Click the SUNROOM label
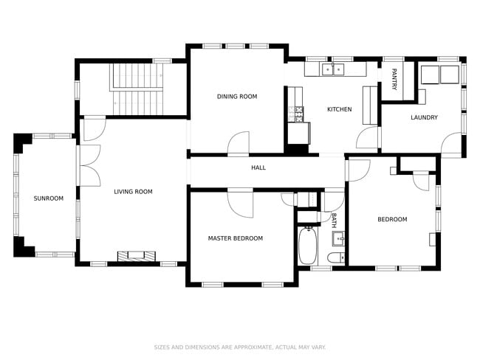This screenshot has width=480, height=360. click(48, 198)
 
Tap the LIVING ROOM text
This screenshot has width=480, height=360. click(133, 192)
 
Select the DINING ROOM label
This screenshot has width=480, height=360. click(237, 97)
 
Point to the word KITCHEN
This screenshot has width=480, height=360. click(339, 110)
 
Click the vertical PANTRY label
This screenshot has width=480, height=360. click(394, 79)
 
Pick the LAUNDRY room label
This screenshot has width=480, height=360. click(424, 117)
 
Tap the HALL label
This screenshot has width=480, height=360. click(258, 168)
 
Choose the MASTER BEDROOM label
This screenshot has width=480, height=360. click(235, 238)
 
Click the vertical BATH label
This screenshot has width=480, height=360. click(334, 220)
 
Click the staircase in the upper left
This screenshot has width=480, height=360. click(138, 89)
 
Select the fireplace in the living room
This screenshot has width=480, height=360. click(137, 256)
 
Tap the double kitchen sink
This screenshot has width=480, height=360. click(335, 70)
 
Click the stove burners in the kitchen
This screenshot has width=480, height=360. click(298, 114)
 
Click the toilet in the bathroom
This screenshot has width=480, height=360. click(335, 257)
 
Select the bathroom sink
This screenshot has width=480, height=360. click(338, 238)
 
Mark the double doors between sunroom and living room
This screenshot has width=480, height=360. click(89, 165)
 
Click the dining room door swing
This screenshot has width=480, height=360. click(239, 144)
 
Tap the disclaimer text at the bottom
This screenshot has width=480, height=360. click(240, 347)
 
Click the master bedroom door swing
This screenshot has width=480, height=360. click(240, 201)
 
